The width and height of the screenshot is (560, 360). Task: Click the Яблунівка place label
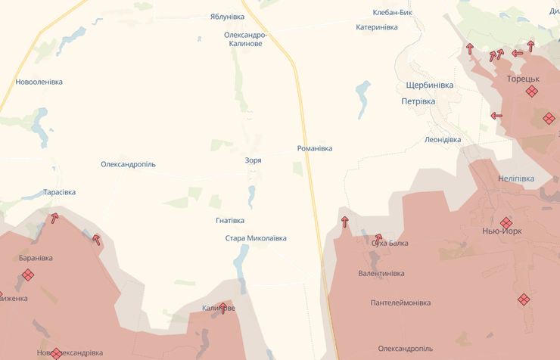[x=227, y=16]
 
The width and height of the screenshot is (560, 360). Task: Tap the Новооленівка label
[x=39, y=82]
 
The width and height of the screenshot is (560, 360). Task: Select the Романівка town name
[x=315, y=148]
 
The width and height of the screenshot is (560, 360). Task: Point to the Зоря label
[x=253, y=160]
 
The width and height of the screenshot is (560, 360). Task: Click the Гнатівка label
[x=230, y=221]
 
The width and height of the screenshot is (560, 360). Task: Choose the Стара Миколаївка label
[x=256, y=238]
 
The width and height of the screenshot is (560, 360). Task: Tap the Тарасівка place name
[x=60, y=192]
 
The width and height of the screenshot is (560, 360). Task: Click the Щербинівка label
[x=429, y=85]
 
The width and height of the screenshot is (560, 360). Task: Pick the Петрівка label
[x=418, y=101]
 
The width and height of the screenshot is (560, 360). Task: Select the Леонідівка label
[x=443, y=139]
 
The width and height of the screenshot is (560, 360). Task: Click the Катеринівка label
[x=377, y=27]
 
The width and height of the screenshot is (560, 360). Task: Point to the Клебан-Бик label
[x=393, y=12]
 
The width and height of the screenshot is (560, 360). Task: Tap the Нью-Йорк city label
[x=502, y=231]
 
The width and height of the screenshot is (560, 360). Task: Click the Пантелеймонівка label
[x=400, y=303]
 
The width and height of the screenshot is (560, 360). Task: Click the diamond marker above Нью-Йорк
[x=506, y=222]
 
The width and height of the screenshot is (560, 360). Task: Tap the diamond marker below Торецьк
[x=532, y=92]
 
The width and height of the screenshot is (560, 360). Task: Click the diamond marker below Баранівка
[x=28, y=275]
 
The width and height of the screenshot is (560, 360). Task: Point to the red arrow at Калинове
[x=222, y=308]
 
